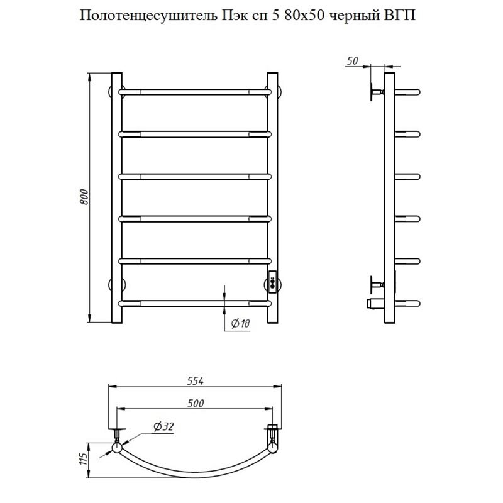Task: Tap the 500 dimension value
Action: tap(194, 402)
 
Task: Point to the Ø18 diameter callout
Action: tap(241, 323)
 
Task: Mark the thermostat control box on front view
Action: tap(273, 281)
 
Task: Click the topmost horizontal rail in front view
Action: tap(195, 91)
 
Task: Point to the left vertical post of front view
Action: tap(116, 199)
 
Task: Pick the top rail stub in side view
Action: tap(407, 91)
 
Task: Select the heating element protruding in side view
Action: tap(375, 304)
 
